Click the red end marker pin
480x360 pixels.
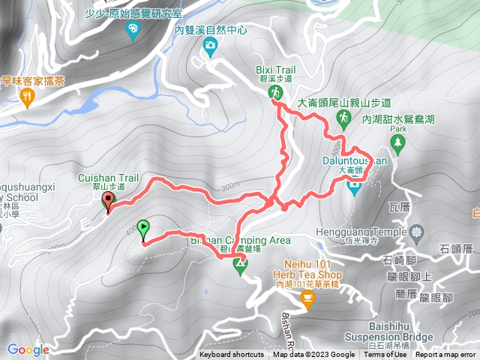pos(108,200)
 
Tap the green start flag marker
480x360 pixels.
pos(142,226)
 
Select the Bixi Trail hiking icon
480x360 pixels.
pos(275,91)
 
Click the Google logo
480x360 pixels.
pos(28,349)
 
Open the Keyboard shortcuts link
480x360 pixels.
pos(231,355)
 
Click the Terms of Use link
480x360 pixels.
pos(385,355)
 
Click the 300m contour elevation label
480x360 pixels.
pos(230,185)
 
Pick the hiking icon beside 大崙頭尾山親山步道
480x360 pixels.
pos(343,118)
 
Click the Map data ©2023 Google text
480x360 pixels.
pos(313,355)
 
